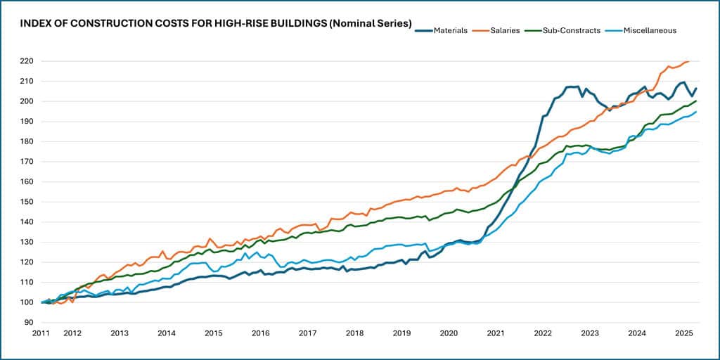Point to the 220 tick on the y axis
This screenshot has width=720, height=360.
click(28, 61)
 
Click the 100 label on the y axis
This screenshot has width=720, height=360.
click(28, 302)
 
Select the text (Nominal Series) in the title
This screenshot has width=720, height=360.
click(370, 24)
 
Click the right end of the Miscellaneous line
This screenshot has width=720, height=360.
click(696, 112)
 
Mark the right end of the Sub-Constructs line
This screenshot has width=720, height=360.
click(696, 101)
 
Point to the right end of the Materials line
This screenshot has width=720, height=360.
click(696, 89)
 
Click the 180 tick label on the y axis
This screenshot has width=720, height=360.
click(28, 141)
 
